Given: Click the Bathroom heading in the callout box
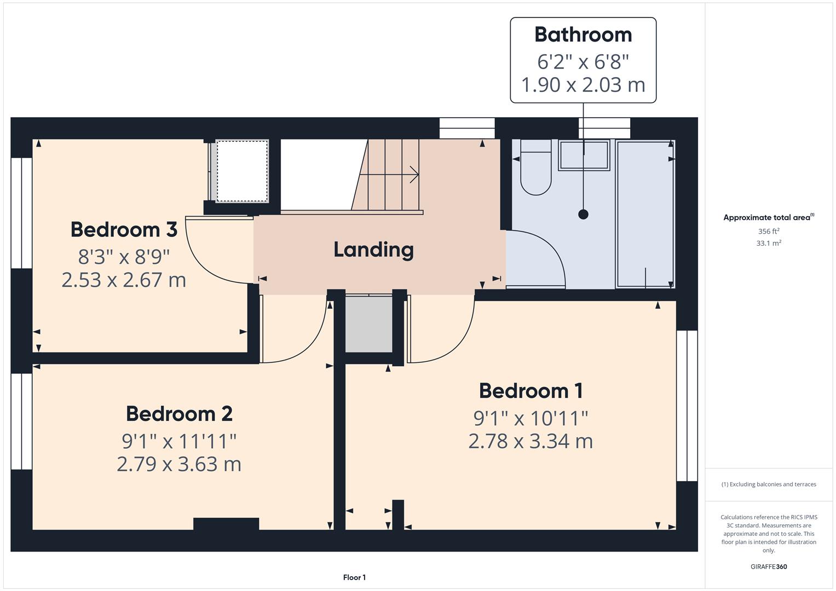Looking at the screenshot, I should (x=583, y=34).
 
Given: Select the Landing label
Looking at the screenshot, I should (x=373, y=250).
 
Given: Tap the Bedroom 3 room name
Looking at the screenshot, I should (x=124, y=229).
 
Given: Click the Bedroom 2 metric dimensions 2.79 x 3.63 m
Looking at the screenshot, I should (x=179, y=464).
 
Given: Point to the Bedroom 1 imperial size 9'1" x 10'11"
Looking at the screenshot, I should (x=531, y=418).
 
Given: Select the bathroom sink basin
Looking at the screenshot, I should (x=584, y=155).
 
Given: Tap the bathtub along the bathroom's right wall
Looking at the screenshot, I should (x=645, y=213).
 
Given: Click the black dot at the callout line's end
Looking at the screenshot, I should (x=583, y=215).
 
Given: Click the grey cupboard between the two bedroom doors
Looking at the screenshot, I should (x=368, y=324).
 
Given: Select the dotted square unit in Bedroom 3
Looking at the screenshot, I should (x=243, y=171).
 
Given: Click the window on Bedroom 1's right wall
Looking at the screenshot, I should (x=687, y=405).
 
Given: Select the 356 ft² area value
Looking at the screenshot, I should (x=768, y=231).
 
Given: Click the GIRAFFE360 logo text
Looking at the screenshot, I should (x=768, y=566).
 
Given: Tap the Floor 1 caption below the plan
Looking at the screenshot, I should (x=354, y=577).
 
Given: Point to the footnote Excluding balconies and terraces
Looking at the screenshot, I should (x=768, y=484).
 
